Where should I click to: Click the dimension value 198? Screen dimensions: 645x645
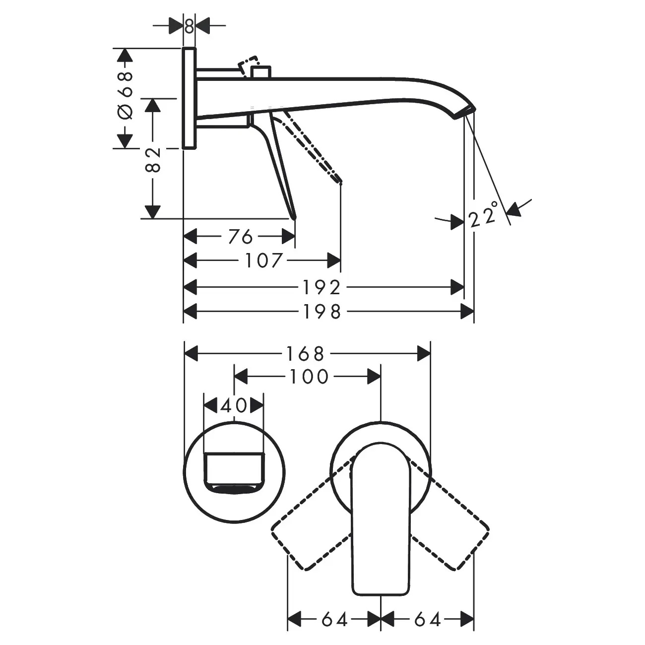[x=322, y=312]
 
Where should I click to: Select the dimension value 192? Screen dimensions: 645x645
[x=322, y=288]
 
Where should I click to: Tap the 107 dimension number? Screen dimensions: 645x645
[x=264, y=261]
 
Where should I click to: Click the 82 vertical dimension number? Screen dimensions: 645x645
[x=154, y=160]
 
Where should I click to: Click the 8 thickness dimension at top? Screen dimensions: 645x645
[x=189, y=26]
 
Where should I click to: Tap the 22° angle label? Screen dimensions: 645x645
[x=483, y=214]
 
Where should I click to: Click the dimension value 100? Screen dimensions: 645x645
[x=309, y=377]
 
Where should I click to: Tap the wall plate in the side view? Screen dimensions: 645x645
[x=189, y=98]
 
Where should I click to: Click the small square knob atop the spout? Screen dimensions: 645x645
[x=261, y=72]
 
